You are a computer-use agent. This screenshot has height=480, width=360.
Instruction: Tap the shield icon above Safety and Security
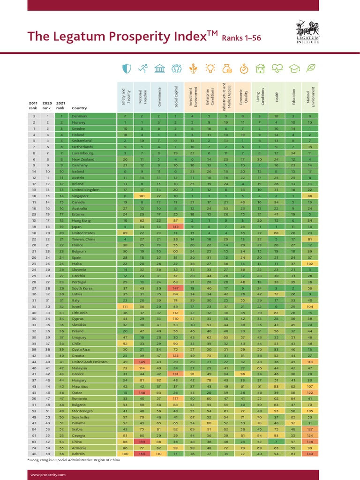[126, 69]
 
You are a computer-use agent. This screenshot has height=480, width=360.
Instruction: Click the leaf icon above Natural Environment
[310, 69]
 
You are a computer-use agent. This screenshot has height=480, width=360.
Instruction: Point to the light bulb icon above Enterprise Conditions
[210, 69]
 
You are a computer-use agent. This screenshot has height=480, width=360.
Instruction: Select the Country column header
[79, 108]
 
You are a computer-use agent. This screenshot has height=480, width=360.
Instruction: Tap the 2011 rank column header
[33, 105]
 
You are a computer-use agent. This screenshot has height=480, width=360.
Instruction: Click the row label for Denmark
[80, 115]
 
